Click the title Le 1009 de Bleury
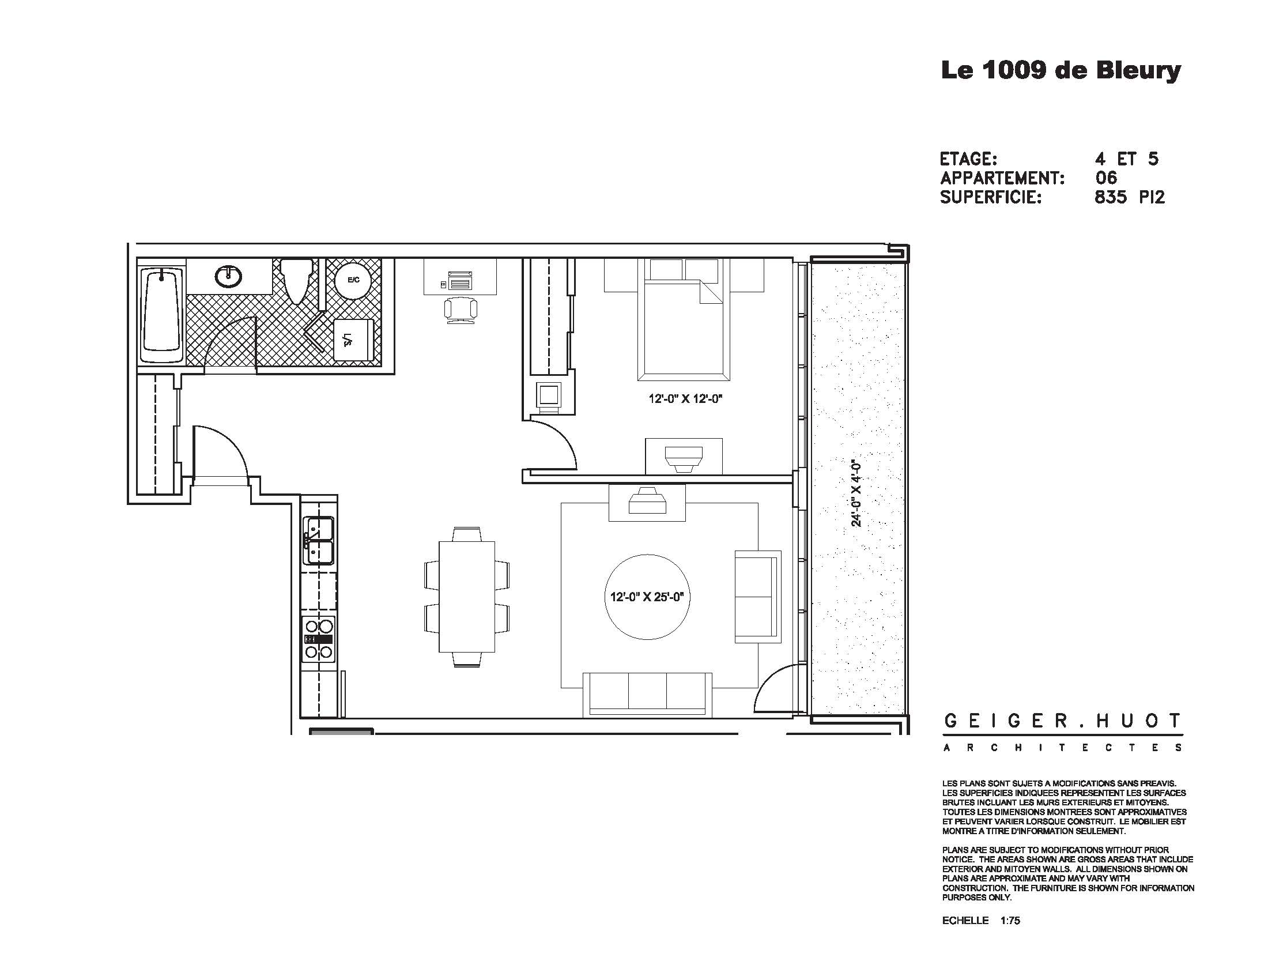click(x=1060, y=71)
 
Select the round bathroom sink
click(x=228, y=276)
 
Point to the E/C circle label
click(x=353, y=280)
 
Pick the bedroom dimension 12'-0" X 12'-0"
click(x=685, y=399)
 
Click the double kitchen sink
click(x=317, y=541)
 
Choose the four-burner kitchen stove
click(x=319, y=639)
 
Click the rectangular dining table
click(x=466, y=596)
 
